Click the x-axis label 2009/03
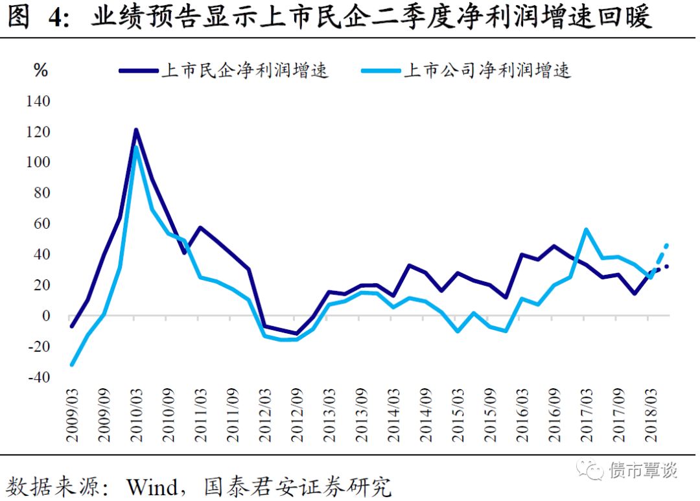click(72, 415)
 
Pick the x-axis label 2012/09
click(297, 415)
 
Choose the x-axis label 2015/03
click(458, 415)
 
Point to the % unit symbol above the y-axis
click(41, 71)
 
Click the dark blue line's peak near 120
click(136, 130)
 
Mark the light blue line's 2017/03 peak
click(586, 229)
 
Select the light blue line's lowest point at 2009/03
click(72, 364)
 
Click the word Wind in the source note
click(150, 486)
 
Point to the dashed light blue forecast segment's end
click(666, 246)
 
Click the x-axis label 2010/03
click(136, 415)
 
